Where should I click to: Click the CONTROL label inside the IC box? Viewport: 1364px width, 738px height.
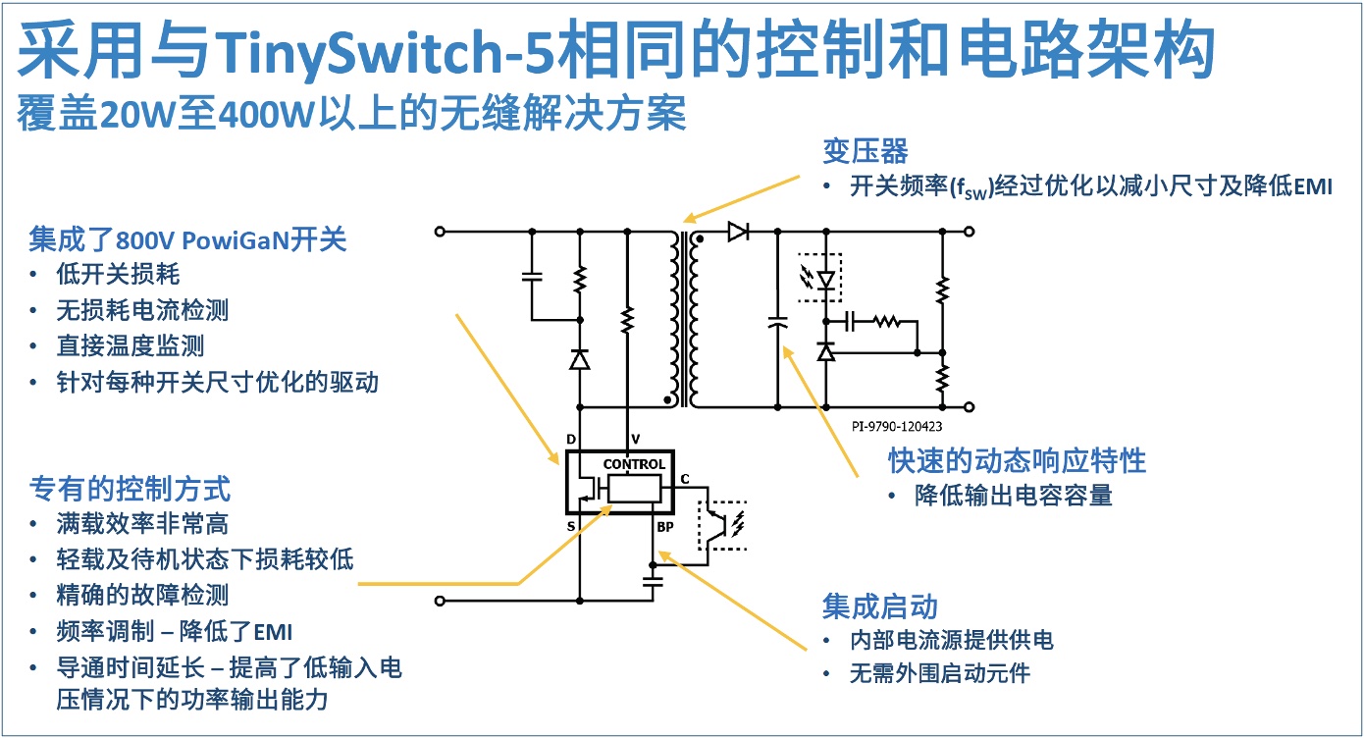(634, 464)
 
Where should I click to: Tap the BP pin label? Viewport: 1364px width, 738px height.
(666, 527)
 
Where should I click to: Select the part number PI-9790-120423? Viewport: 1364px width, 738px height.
(896, 426)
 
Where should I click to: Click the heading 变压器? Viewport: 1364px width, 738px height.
(865, 152)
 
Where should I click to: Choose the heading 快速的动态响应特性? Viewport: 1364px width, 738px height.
(1017, 459)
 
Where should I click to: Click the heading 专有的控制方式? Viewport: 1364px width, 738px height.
(130, 488)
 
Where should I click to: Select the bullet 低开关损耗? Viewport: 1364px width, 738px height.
(118, 275)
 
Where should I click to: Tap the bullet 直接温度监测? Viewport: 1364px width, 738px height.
(130, 346)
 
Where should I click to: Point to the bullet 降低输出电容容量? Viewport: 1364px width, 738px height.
(1014, 496)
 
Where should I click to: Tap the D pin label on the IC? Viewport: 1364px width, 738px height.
(571, 439)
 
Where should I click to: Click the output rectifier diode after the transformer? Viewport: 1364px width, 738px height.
(738, 232)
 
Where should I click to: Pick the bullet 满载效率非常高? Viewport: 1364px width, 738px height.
(142, 524)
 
